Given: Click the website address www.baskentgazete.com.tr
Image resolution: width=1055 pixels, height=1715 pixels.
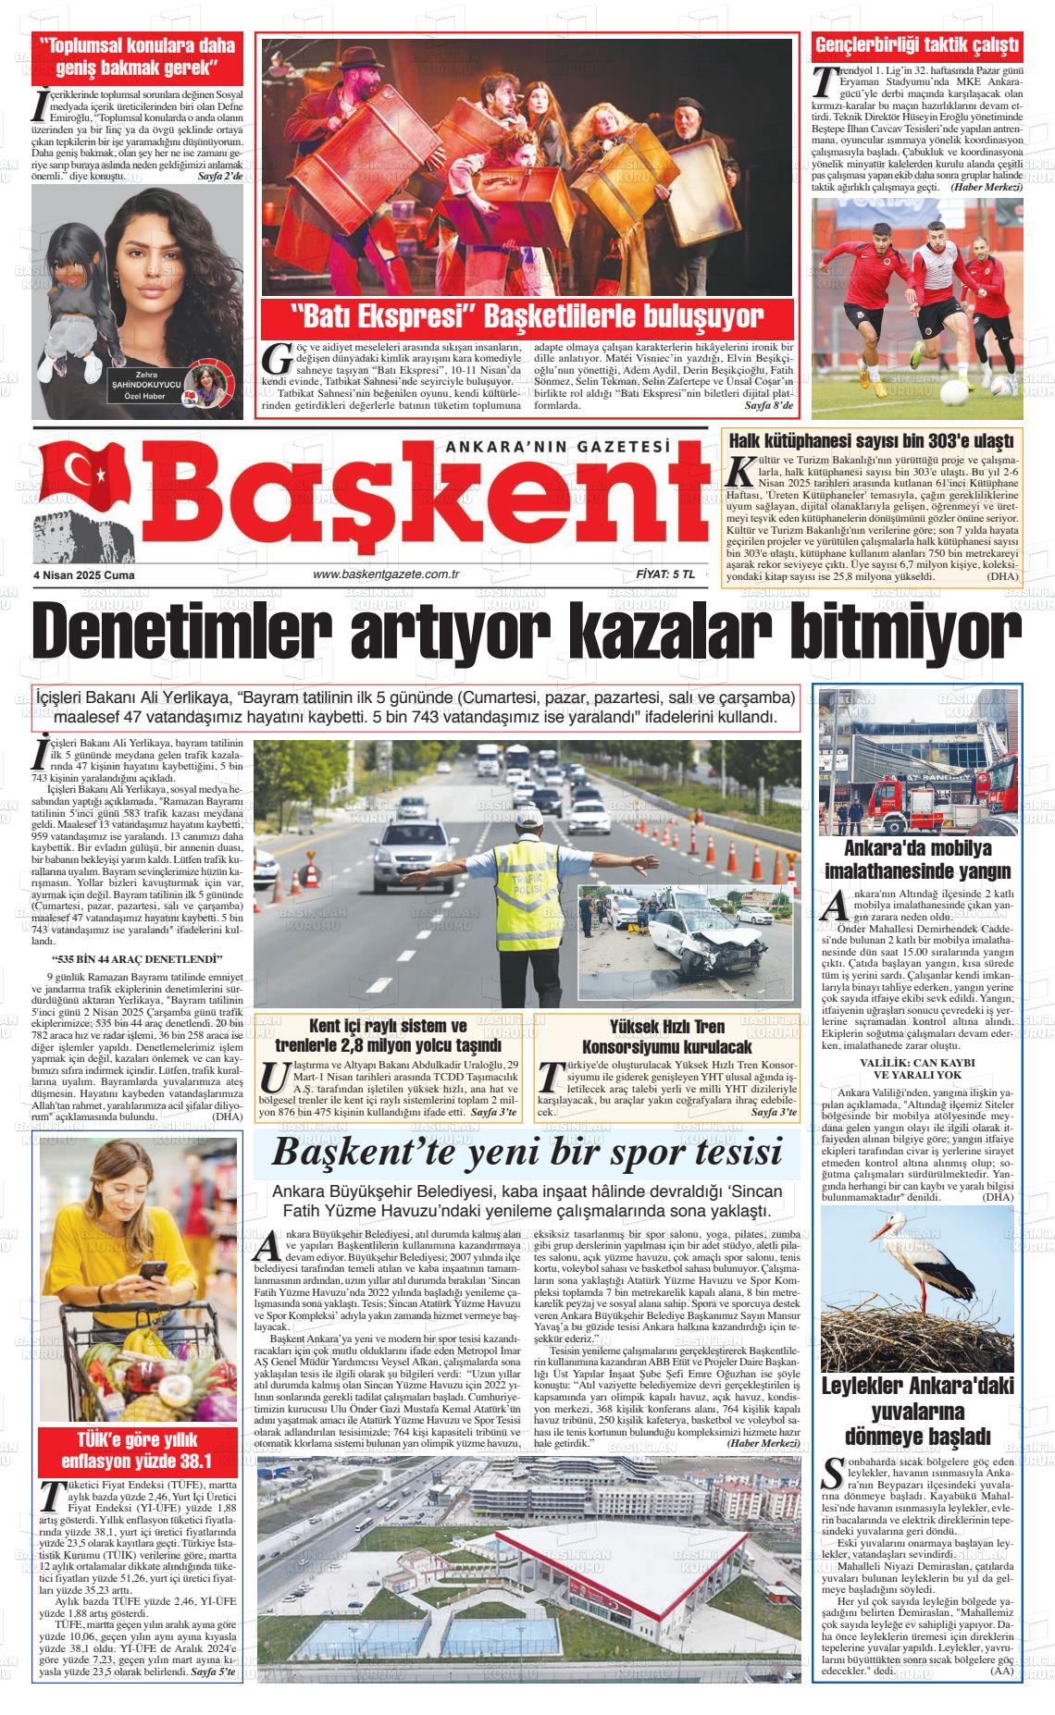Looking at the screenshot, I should point(387,574).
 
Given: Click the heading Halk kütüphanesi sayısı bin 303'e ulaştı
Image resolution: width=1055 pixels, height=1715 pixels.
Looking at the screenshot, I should point(872,440).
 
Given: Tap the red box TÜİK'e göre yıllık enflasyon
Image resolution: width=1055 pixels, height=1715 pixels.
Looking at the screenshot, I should point(137,1451).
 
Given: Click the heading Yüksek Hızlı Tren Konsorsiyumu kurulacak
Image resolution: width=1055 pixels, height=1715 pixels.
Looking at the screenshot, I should point(666,1037).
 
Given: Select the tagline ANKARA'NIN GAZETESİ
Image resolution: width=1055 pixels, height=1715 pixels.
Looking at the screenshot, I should point(557,446).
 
